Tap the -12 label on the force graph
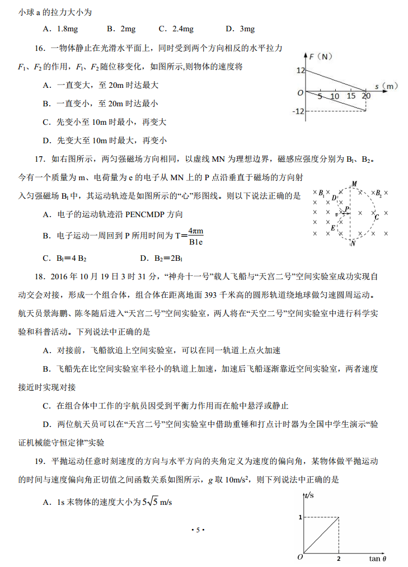298,111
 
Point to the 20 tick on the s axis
366,96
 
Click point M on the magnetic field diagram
354,184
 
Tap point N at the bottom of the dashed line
353,243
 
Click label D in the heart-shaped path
334,198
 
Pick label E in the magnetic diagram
333,228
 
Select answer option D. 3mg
240,29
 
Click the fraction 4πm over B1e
195,236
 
